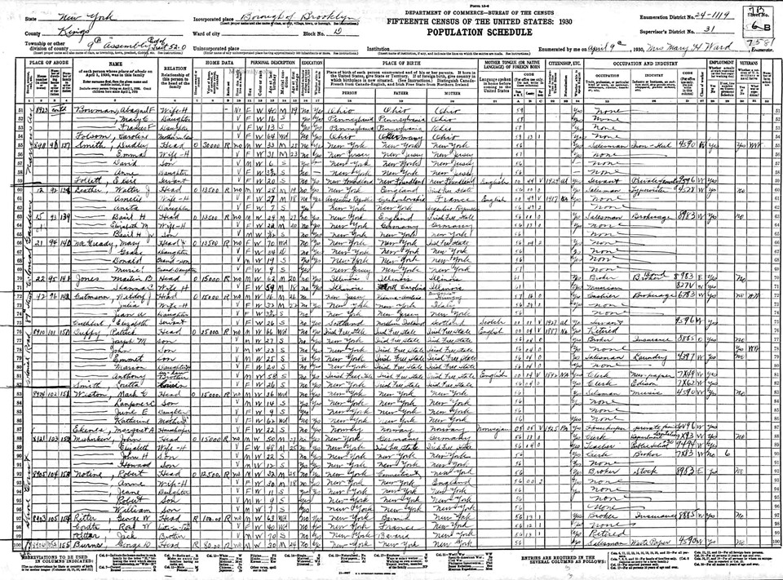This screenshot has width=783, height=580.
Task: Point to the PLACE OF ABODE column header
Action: (37, 61)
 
